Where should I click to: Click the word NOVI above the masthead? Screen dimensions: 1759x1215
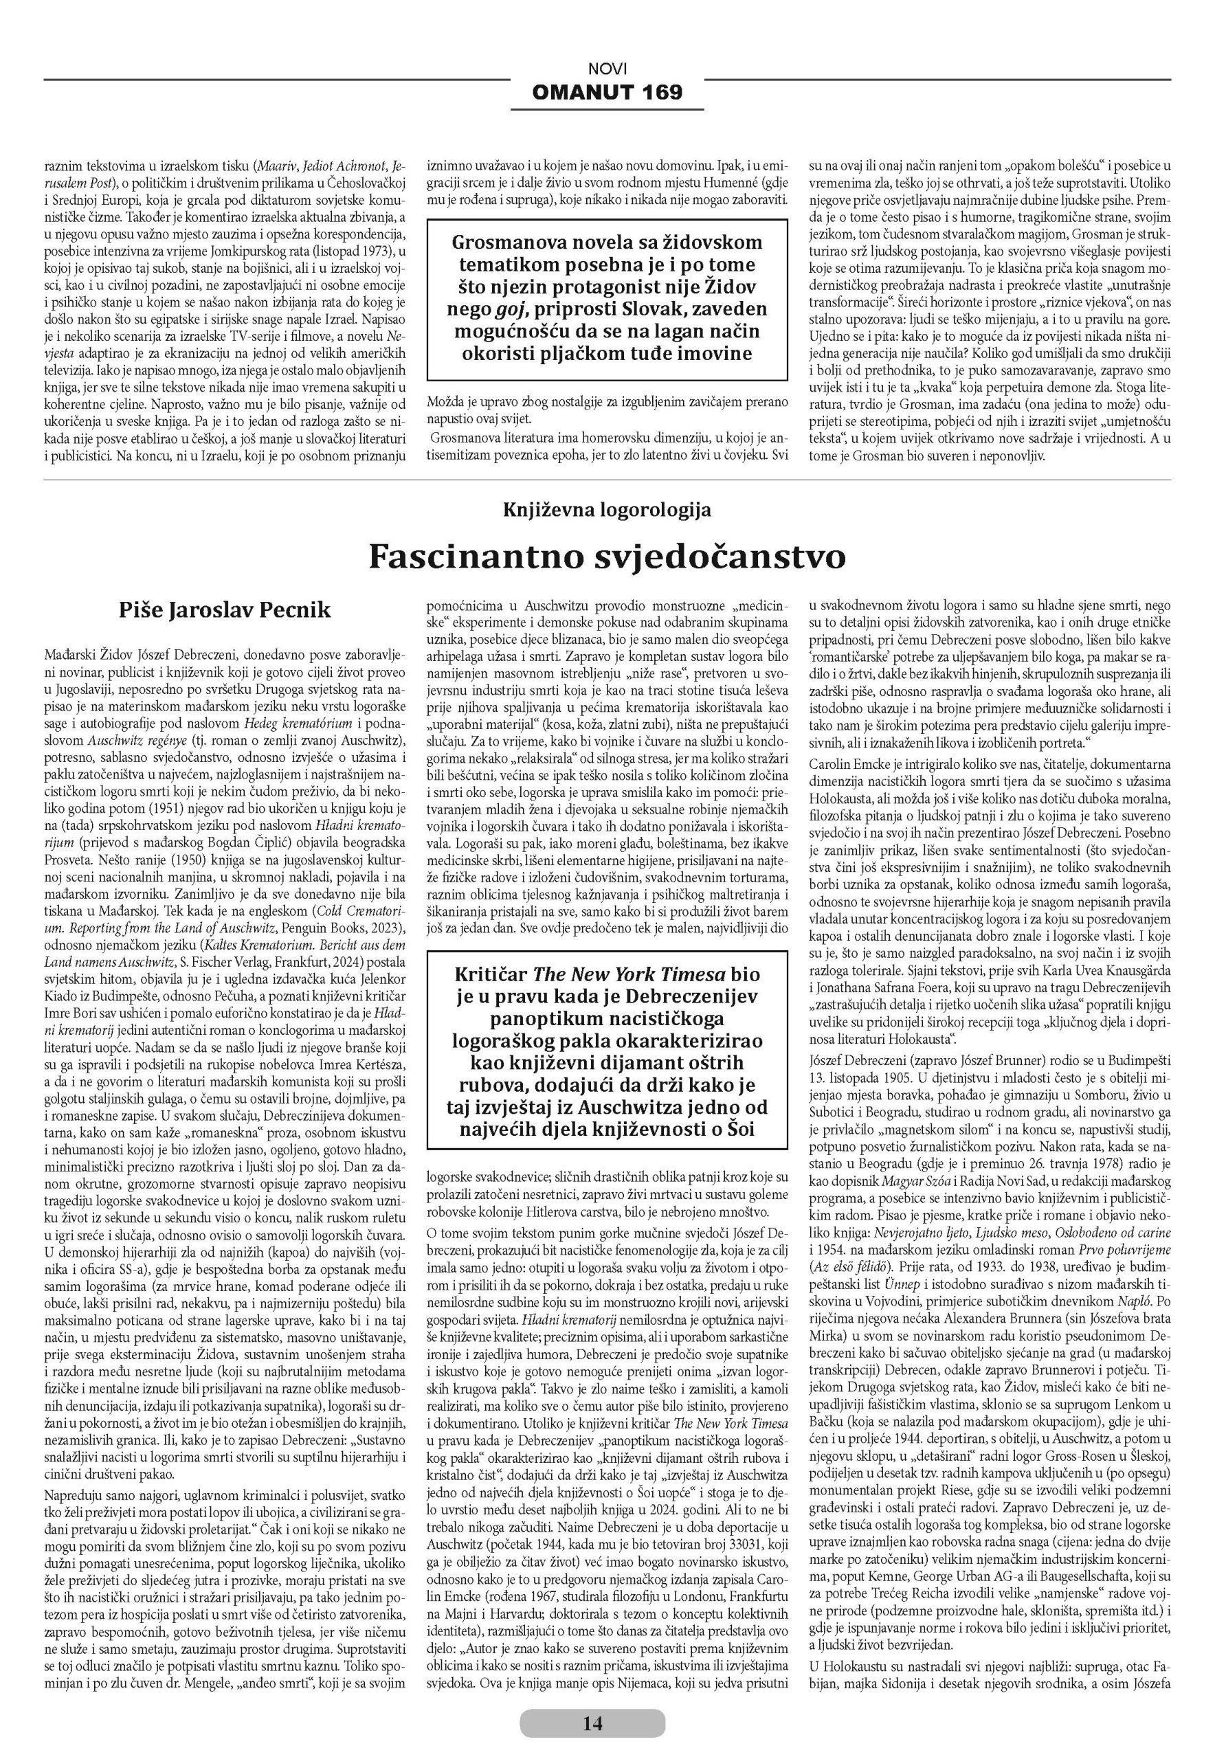tap(607, 69)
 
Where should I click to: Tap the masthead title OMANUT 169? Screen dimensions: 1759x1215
tap(607, 92)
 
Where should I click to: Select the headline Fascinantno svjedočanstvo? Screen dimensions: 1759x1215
tap(607, 557)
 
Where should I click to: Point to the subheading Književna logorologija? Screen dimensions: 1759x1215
tap(607, 510)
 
